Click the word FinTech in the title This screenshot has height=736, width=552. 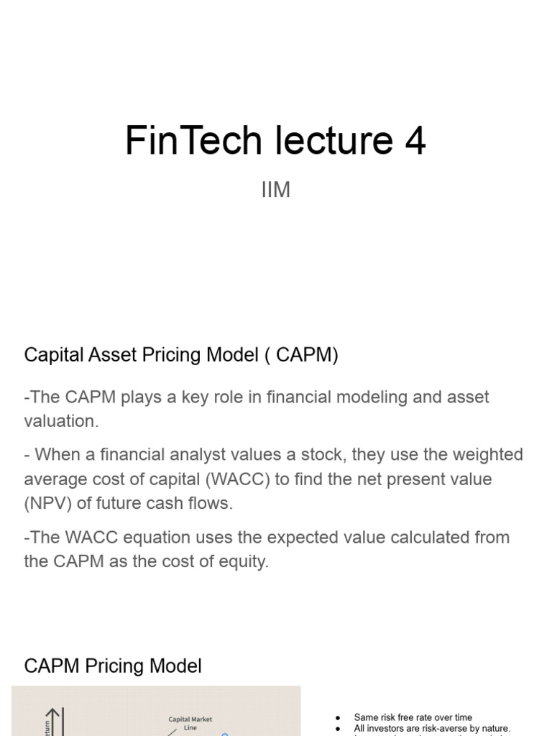(x=193, y=140)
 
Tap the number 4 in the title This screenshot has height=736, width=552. (x=415, y=140)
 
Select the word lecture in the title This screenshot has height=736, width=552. (x=329, y=140)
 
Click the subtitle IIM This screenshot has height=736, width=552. (x=276, y=190)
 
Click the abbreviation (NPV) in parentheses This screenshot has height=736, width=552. (x=48, y=503)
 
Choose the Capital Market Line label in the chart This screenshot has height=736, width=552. (x=190, y=723)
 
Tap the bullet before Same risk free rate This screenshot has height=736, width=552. (x=338, y=717)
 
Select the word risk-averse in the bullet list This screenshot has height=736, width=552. (x=436, y=728)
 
